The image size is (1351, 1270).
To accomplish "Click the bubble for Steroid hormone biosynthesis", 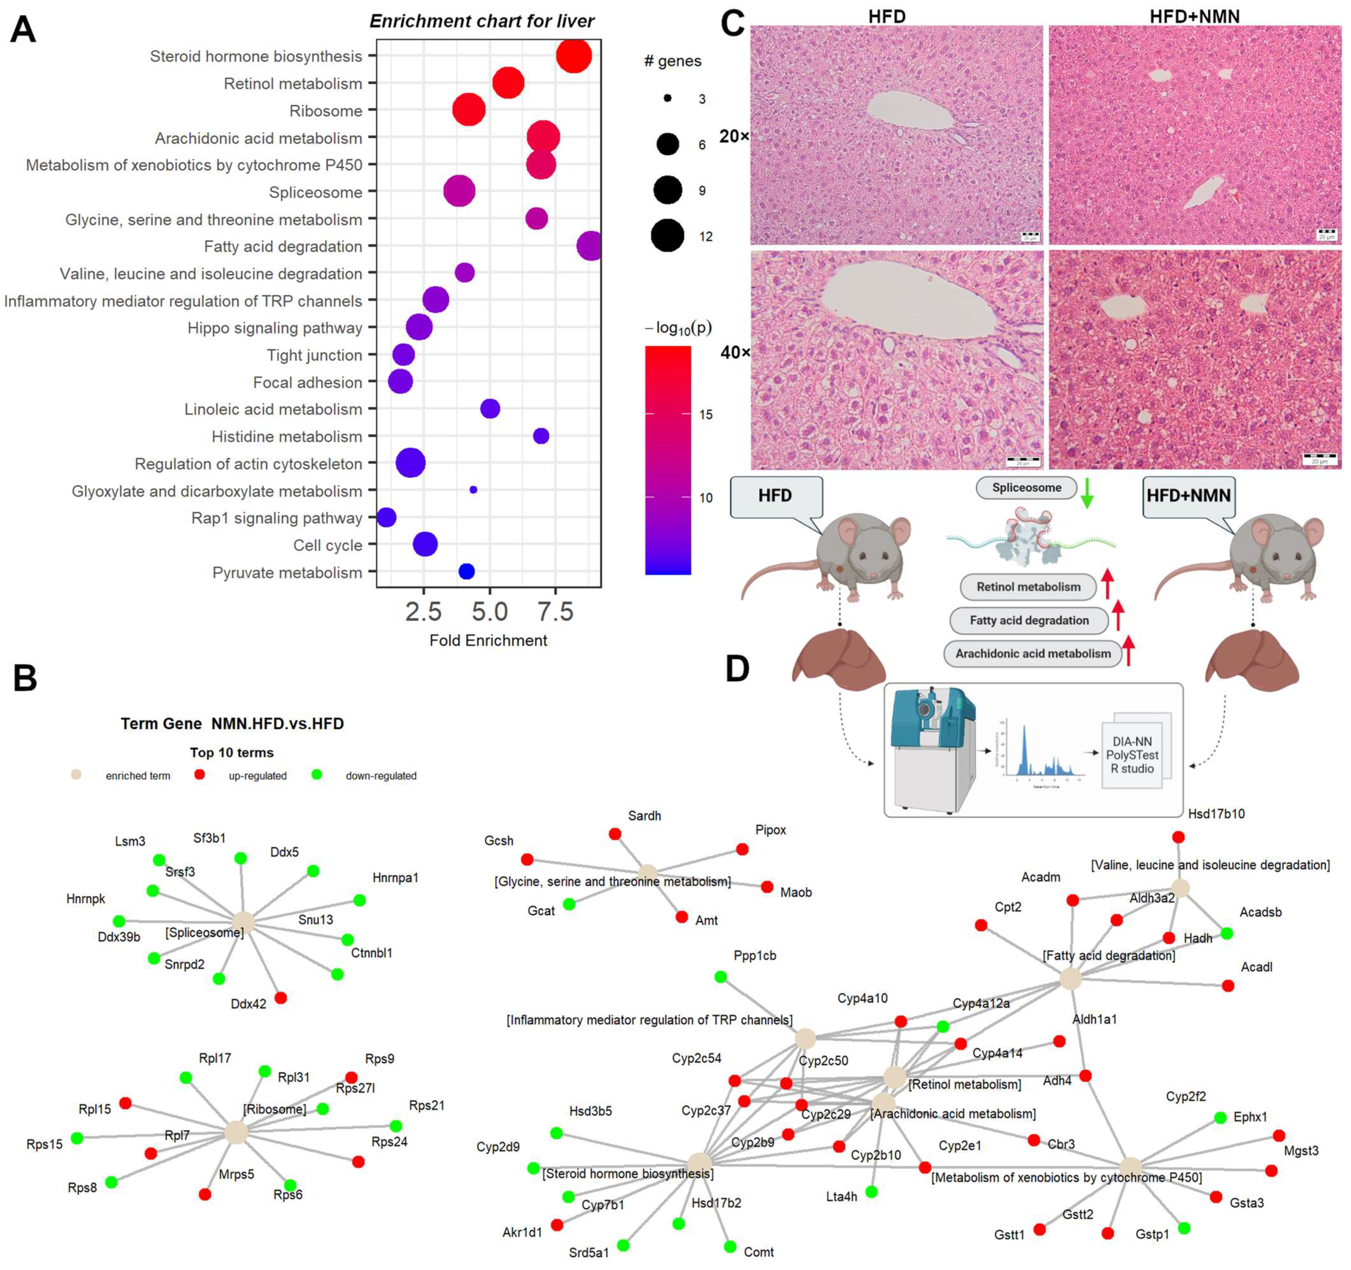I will click(x=573, y=56).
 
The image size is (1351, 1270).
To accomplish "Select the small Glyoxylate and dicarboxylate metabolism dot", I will click(x=473, y=490).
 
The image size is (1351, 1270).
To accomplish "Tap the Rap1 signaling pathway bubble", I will click(x=387, y=517).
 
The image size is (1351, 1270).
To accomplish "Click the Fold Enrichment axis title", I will click(x=488, y=641).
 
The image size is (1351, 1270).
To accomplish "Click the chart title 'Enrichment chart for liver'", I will click(x=482, y=21).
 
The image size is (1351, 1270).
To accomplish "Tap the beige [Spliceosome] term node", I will click(x=243, y=923).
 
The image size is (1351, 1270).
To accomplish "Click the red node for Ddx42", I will click(x=281, y=997).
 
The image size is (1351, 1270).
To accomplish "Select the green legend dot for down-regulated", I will click(x=316, y=774).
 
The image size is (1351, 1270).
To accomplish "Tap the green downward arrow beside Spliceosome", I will click(x=1087, y=493).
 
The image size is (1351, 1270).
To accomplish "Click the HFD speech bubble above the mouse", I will click(x=776, y=496).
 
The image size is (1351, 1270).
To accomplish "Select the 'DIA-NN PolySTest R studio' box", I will click(x=1132, y=755).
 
